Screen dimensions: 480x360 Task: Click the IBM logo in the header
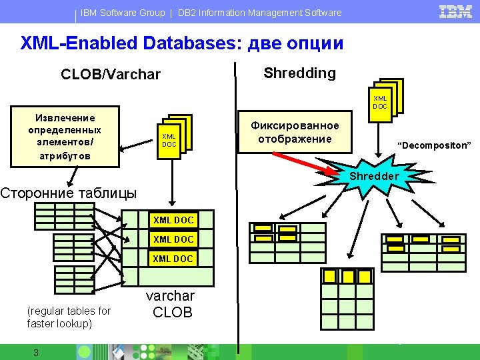(x=455, y=12)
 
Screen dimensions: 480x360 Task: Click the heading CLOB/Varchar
(x=111, y=75)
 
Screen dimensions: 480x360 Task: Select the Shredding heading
(x=300, y=73)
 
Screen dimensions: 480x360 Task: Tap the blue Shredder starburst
(x=374, y=176)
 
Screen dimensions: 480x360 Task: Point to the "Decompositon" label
(x=434, y=145)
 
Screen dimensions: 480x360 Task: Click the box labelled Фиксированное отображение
(x=295, y=132)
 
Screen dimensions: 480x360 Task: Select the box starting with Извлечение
(x=65, y=137)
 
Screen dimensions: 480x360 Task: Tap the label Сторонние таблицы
(x=68, y=193)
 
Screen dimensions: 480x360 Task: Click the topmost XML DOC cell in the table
(x=173, y=220)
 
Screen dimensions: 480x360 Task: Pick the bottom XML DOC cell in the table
(x=173, y=259)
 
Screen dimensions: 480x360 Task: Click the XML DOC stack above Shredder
(x=386, y=101)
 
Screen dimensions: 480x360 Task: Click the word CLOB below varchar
(x=173, y=313)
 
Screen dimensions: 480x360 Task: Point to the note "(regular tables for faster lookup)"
(x=69, y=317)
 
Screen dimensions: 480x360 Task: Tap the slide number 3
(x=36, y=353)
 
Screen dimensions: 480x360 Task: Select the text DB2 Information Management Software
(x=259, y=13)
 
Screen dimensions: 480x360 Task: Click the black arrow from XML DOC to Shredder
(x=379, y=141)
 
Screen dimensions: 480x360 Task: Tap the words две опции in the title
(x=295, y=43)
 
